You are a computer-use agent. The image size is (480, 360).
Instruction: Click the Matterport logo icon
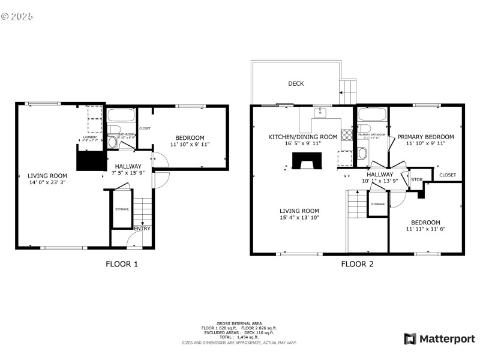pos(410,339)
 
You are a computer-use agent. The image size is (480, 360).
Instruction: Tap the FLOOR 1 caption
pos(122,263)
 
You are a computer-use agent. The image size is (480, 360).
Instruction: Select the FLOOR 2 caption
pos(357,263)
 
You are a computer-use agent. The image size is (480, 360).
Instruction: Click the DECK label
pos(295,84)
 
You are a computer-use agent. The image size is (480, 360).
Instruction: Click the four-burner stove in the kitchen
pos(346,135)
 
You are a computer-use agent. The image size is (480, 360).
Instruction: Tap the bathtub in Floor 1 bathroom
pos(122,115)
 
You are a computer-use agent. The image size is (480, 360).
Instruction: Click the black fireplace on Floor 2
pos(307,161)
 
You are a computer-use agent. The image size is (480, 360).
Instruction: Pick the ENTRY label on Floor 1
pos(142,228)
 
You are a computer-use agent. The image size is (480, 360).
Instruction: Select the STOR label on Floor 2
pos(416,179)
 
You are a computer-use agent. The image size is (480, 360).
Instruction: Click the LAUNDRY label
pos(89,137)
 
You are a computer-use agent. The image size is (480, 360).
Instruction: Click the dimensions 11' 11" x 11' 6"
pos(425,229)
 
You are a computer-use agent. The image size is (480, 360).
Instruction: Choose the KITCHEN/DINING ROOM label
pos(302,137)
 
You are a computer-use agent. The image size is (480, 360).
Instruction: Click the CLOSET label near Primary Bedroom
pos(447,175)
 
